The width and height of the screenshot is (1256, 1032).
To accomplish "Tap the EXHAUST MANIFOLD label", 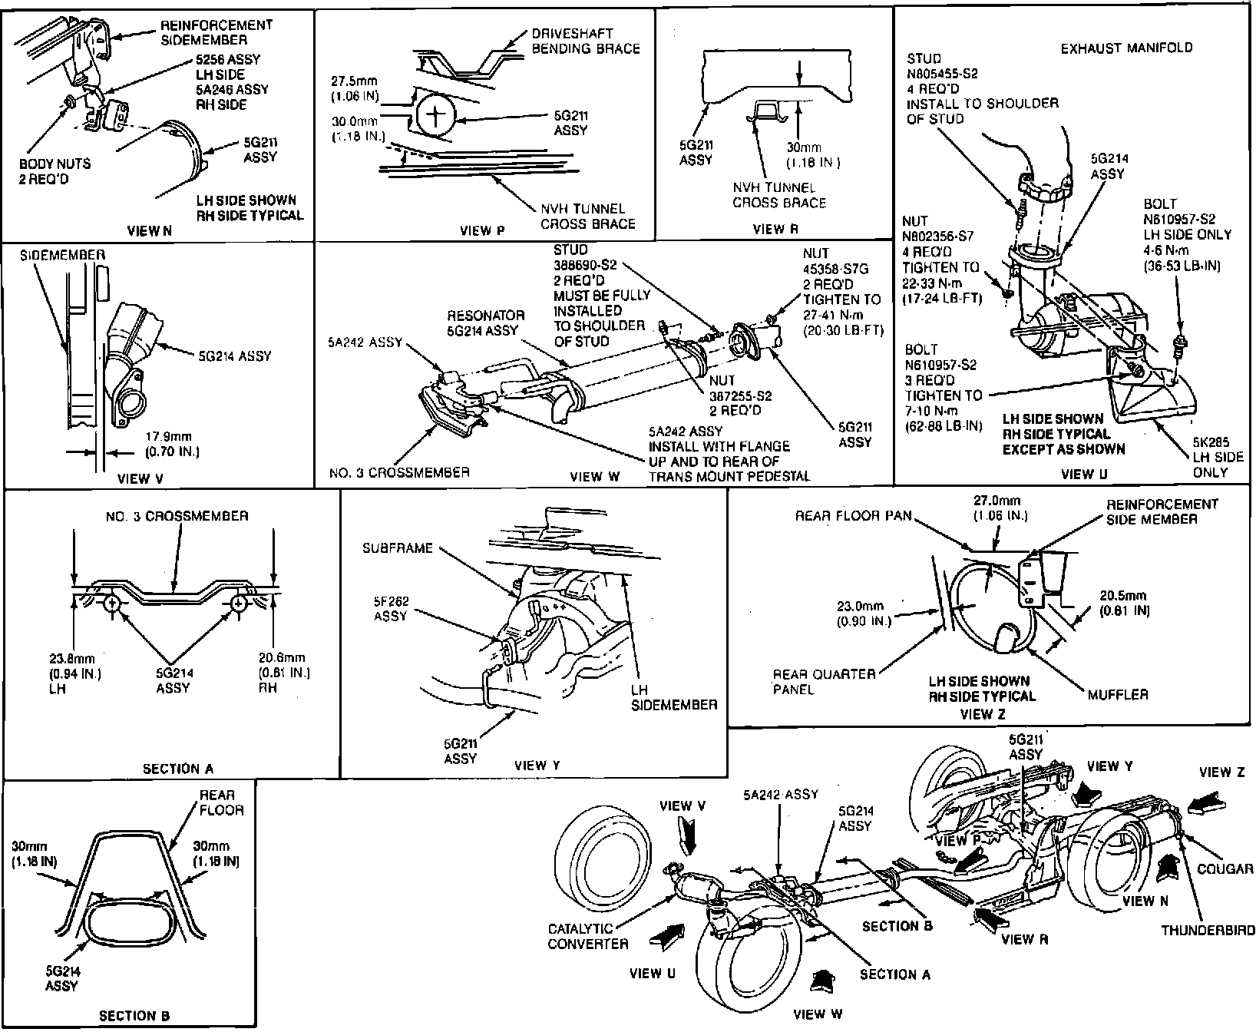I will [x=1126, y=48].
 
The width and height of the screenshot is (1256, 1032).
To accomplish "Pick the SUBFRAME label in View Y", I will [x=398, y=548].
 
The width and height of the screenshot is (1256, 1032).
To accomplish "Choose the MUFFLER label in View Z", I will [x=1118, y=694].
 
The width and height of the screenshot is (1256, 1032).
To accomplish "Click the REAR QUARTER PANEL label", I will [x=824, y=682].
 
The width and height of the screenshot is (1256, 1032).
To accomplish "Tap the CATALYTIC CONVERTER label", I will [x=588, y=936].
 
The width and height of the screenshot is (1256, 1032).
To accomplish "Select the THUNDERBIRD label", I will [x=1208, y=931].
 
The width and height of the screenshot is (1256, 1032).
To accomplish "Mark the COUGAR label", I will [x=1225, y=868].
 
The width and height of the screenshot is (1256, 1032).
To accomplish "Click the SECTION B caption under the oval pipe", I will [x=134, y=1016].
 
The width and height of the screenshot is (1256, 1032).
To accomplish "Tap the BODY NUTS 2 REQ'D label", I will [x=55, y=170].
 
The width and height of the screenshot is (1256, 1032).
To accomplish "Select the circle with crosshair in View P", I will [x=436, y=117].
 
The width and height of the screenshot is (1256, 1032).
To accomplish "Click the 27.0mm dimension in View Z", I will [x=998, y=508].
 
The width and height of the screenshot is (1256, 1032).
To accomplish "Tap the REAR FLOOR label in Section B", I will [x=221, y=802].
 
